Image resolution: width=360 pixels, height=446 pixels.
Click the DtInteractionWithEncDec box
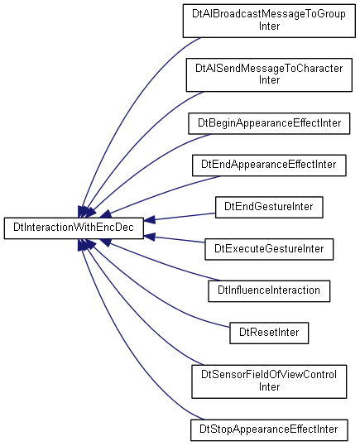click(74, 228)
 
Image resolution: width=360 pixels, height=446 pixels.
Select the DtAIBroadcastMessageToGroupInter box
click(269, 21)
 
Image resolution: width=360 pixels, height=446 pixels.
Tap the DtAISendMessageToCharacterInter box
click(269, 75)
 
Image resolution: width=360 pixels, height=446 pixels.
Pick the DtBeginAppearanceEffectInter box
click(269, 124)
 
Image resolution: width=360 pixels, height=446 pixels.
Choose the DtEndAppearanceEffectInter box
click(269, 165)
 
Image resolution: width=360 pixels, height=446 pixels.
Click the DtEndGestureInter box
click(269, 208)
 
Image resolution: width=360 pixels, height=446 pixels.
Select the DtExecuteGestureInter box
click(269, 249)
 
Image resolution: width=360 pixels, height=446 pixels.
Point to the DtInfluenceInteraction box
click(269, 291)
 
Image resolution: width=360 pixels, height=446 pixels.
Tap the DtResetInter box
click(269, 333)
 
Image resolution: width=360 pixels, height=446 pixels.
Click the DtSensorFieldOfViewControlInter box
click(269, 381)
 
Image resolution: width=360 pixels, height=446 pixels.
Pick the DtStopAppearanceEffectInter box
click(269, 430)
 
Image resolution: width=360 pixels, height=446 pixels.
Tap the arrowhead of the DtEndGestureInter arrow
click(150, 220)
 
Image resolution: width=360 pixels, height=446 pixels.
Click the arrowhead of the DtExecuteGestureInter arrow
click(150, 237)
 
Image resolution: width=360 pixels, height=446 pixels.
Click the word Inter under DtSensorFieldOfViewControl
click(269, 387)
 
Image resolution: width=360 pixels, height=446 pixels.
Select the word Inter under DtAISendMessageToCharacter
click(269, 80)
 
